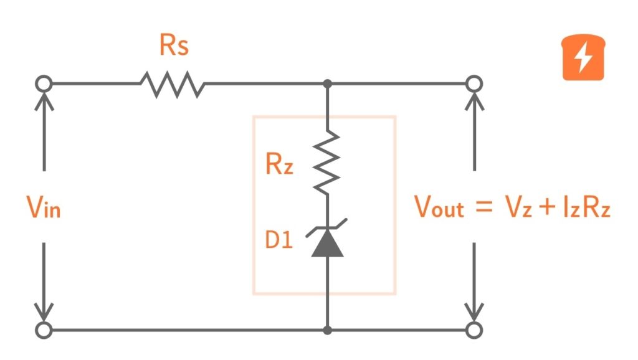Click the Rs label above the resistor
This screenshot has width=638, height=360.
coord(174,45)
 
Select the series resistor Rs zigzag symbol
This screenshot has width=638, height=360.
coord(173,83)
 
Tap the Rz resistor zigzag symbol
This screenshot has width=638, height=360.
coord(327,161)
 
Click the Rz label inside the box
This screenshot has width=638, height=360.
coord(279,164)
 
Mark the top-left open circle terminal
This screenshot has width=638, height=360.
coord(44,83)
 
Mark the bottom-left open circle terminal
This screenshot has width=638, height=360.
coord(44,329)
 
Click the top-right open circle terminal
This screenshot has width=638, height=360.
coord(475,83)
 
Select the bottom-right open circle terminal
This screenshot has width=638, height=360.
coord(475,329)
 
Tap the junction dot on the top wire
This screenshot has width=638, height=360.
coord(327,83)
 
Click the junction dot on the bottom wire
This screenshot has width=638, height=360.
coord(327,329)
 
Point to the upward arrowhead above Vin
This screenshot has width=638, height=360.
coord(44,100)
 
